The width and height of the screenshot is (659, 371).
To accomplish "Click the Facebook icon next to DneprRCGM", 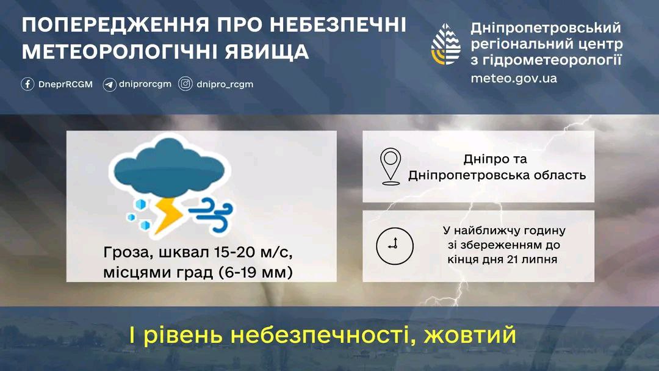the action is pos(27,84).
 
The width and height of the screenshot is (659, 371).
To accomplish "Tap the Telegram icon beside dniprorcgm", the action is pos(109,84).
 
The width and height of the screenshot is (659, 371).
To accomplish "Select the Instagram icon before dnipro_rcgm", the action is pos(185,84).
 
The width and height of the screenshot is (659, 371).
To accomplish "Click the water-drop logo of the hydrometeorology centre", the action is pos(446,44).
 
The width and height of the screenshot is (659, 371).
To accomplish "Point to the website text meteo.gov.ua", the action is pos(514,79).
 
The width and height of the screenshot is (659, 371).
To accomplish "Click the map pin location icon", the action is pos(391,167).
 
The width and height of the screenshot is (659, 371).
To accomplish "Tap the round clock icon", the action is pos(395,246).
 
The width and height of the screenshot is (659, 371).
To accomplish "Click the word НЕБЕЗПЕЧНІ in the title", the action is pos(337,24).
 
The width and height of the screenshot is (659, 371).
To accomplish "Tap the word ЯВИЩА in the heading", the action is pos(267,52).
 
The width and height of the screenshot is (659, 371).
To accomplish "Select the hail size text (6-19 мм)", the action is pos(255,272).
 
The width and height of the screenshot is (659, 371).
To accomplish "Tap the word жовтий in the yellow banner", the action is pos(469,335).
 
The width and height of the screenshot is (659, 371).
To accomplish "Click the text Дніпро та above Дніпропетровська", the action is pos(495,159).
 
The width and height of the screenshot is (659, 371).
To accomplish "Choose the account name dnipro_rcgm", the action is pos(225,84).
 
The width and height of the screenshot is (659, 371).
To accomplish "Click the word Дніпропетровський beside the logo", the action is pos(546,27).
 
